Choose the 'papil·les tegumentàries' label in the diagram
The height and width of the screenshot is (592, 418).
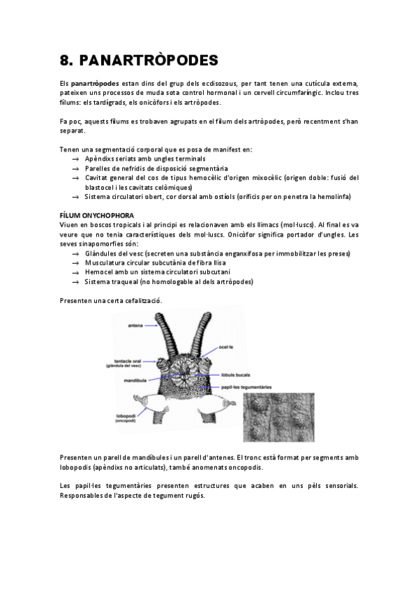244,387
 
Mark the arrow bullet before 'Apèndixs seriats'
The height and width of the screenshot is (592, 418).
75,160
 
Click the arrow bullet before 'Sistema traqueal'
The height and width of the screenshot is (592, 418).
75,283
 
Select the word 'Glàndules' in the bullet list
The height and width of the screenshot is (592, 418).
100,253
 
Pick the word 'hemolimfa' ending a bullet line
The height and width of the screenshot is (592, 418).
334,197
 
